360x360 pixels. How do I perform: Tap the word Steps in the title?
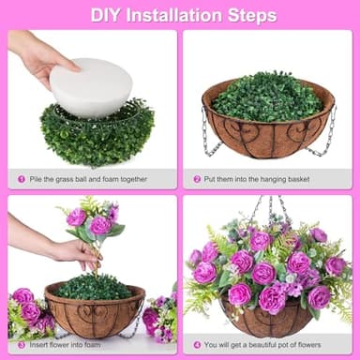point(252,15)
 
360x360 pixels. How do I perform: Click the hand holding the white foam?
point(37,56)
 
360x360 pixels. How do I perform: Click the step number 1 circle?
point(22,178)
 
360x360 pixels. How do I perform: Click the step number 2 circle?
point(197,178)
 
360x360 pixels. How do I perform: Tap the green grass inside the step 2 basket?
point(267,97)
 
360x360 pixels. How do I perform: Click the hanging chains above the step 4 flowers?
point(267,208)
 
